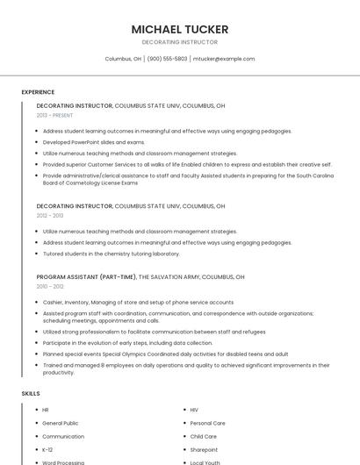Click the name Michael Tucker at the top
[x=179, y=29]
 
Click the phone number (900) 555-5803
[x=167, y=59]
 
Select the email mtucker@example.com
[x=224, y=59]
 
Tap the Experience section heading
[x=38, y=92]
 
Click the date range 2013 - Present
[x=54, y=115]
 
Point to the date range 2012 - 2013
[x=50, y=215]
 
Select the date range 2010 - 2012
[x=50, y=286]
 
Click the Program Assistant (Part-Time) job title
[x=86, y=276]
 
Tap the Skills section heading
[x=31, y=394]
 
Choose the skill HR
[x=46, y=410]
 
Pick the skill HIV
[x=194, y=410]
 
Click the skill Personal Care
[x=207, y=423]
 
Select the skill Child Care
[x=203, y=436]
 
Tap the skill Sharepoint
[x=204, y=449]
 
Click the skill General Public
[x=60, y=423]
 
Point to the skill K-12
[x=47, y=449]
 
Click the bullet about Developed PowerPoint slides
[x=93, y=142]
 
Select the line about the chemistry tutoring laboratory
[x=111, y=254]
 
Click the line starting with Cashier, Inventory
[x=138, y=302]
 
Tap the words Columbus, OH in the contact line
[x=123, y=59]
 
